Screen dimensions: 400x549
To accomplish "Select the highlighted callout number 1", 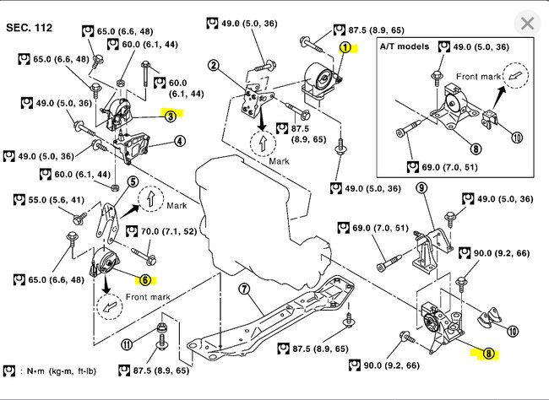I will click(345, 47).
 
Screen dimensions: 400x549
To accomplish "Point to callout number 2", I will click(214, 65).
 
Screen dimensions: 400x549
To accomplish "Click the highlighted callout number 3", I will click(170, 117).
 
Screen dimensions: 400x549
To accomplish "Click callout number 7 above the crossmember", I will click(243, 290).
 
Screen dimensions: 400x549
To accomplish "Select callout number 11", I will click(127, 343).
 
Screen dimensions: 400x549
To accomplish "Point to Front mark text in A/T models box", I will click(479, 75).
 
